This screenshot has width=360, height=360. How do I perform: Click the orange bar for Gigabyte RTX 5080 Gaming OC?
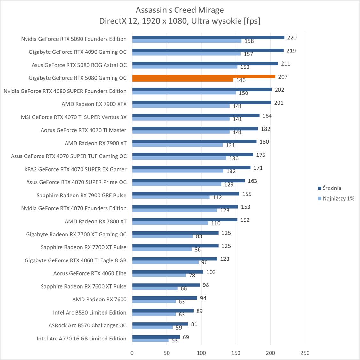point(204,76)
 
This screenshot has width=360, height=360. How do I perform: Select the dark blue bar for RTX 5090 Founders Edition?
point(208,37)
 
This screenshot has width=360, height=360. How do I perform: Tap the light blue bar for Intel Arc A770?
point(150,340)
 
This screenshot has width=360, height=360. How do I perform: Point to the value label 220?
point(292,37)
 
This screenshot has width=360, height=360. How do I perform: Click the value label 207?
point(283,77)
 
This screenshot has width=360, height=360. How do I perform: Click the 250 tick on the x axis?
point(305,353)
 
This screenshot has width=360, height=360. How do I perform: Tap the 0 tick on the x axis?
point(132,353)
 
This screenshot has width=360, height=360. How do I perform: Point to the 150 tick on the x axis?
point(236,353)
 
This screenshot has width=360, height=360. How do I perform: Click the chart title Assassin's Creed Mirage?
point(180,10)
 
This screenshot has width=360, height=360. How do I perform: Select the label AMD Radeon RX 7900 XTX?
point(94,104)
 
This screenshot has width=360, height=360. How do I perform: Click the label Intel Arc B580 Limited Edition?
point(90,312)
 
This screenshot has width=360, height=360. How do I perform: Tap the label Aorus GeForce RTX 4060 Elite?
point(90,273)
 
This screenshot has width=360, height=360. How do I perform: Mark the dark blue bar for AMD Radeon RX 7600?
point(165,298)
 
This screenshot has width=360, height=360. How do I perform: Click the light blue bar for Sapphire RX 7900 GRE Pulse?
point(171,197)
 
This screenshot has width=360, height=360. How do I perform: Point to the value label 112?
point(217,197)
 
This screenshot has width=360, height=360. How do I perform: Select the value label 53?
point(175,341)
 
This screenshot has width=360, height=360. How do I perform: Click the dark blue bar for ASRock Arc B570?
point(160,324)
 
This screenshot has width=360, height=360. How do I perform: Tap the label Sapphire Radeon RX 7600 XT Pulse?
point(83,286)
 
